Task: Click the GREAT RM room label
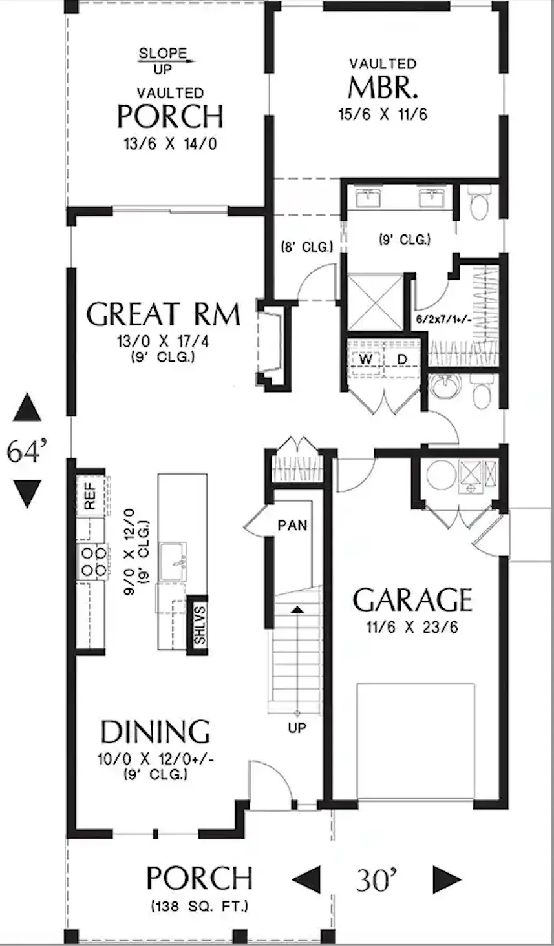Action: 164,314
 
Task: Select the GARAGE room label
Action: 412,600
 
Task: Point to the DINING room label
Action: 155,732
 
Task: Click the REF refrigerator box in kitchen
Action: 90,496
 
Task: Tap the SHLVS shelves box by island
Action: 198,625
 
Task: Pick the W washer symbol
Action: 367,360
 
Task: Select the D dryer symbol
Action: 401,360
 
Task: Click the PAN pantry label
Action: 292,526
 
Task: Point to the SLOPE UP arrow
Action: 167,61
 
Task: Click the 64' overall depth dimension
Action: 27,451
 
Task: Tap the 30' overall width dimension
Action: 376,881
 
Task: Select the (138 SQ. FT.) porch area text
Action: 199,907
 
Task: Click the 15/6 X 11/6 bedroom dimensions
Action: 383,114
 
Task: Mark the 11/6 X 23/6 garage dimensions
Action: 412,627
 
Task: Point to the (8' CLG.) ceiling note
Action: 307,247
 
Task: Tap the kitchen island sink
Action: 173,561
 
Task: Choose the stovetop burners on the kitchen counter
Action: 94,561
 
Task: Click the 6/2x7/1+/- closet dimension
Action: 443,319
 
